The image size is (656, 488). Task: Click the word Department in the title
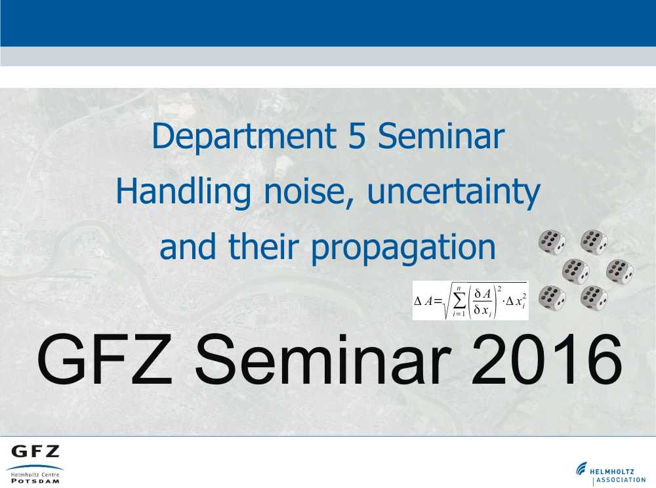(243, 136)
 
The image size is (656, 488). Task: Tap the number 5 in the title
(357, 136)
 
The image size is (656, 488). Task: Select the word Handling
(183, 192)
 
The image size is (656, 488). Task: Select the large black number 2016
(546, 359)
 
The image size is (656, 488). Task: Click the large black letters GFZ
(104, 359)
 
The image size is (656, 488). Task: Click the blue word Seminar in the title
(441, 136)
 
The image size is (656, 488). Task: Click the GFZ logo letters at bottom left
(35, 452)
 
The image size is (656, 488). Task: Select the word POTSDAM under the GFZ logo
(35, 481)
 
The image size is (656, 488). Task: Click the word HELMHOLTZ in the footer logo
(612, 472)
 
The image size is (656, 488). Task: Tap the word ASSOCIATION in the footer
(621, 480)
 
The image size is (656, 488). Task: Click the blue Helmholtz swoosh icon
(581, 469)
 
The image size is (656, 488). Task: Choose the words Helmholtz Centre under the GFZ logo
(35, 475)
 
